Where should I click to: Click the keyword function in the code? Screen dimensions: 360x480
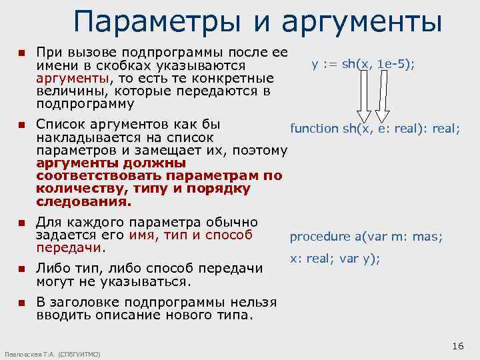[x=314, y=129]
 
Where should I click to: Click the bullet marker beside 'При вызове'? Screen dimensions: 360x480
[x=21, y=53]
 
